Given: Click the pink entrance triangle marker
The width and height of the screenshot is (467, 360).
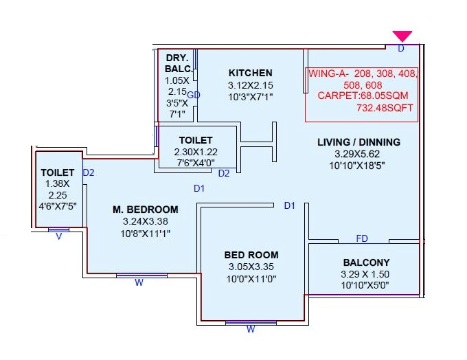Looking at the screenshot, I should pyautogui.click(x=402, y=36).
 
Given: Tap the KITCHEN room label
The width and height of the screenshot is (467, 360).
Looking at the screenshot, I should pyautogui.click(x=251, y=73).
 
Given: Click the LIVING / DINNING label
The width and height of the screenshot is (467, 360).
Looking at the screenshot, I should pyautogui.click(x=358, y=142).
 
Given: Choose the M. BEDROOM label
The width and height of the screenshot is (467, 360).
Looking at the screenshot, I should pyautogui.click(x=145, y=210).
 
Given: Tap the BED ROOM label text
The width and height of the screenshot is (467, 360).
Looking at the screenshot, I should pyautogui.click(x=251, y=255).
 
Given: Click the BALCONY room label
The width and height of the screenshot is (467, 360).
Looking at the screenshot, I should pyautogui.click(x=365, y=262).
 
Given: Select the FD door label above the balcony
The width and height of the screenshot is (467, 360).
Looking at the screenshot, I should pyautogui.click(x=362, y=238).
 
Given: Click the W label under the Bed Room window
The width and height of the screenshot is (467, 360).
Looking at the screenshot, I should pyautogui.click(x=251, y=329).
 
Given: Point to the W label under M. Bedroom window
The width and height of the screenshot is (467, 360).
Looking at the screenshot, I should pyautogui.click(x=139, y=282).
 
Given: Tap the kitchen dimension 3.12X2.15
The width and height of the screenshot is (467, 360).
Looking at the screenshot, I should pyautogui.click(x=251, y=85).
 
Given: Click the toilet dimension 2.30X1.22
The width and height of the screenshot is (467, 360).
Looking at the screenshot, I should pyautogui.click(x=196, y=152).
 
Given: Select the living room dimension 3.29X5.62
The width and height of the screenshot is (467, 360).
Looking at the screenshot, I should pyautogui.click(x=358, y=154).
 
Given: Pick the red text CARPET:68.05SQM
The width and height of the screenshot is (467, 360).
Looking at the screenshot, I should pyautogui.click(x=361, y=95).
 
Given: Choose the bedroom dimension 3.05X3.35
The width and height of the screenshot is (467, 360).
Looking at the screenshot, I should pyautogui.click(x=251, y=267).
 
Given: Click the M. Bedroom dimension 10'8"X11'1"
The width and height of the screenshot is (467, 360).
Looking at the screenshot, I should pyautogui.click(x=145, y=233).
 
